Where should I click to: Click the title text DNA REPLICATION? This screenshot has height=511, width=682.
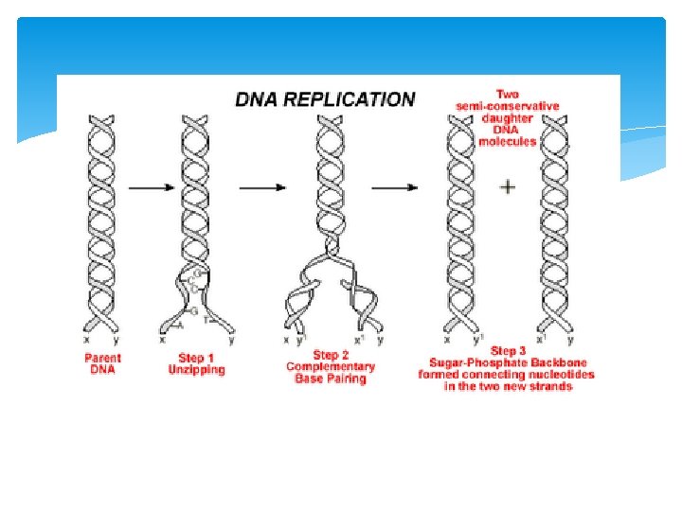[x=324, y=98]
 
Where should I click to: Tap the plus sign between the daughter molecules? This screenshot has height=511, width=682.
[x=508, y=187]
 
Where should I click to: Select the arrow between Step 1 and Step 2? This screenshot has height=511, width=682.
[x=262, y=187]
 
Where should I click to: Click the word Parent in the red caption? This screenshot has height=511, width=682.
[x=102, y=359]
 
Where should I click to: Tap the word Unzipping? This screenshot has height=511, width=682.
[x=196, y=370]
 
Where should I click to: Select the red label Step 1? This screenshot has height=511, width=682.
[x=196, y=359]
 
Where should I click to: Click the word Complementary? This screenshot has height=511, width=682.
[x=331, y=366]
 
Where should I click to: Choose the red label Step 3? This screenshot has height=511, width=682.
[x=509, y=352]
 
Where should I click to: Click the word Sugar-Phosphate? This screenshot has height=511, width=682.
[x=468, y=363]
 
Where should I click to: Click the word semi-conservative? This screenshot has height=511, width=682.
[x=508, y=106]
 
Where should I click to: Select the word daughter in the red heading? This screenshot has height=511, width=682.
[x=508, y=118]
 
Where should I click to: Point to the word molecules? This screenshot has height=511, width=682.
[x=508, y=141]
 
